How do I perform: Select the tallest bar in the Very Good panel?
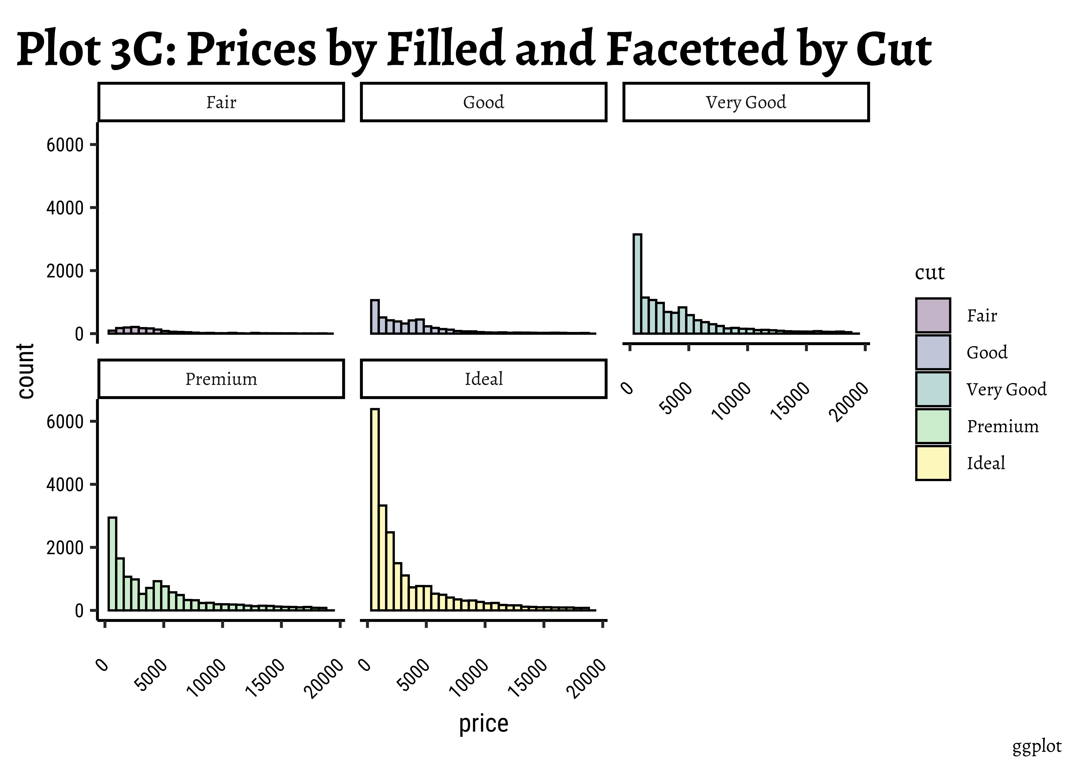637,284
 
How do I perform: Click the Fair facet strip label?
221,102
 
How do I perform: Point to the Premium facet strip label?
221,379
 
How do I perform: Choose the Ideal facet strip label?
484,379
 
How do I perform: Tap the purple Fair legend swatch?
933,315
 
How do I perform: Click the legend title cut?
929,273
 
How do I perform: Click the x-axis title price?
484,724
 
